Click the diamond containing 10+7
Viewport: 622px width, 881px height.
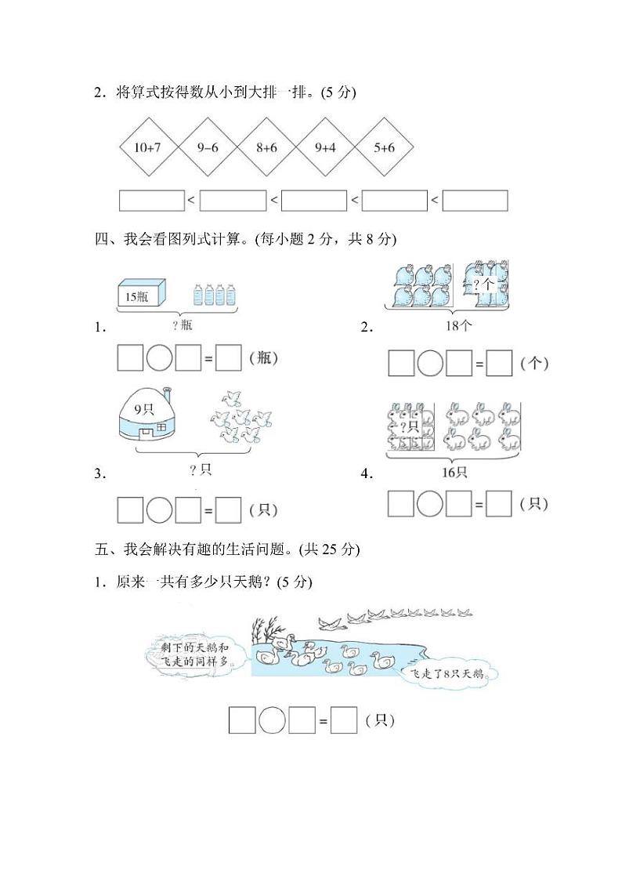click(x=149, y=147)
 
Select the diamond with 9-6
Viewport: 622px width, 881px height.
click(x=208, y=147)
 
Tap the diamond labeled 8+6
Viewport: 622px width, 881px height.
click(x=266, y=147)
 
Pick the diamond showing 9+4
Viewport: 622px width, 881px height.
click(x=325, y=147)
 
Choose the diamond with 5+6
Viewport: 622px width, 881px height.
click(x=384, y=147)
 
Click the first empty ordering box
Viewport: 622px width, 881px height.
click(x=151, y=201)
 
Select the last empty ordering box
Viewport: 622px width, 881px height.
click(x=475, y=201)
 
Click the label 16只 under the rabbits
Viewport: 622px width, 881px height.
click(x=454, y=472)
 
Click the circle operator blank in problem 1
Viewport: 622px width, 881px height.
click(x=161, y=358)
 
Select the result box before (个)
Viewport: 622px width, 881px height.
click(x=499, y=363)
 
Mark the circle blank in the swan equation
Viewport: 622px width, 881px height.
click(x=273, y=720)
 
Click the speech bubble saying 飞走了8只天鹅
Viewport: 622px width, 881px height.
click(x=448, y=673)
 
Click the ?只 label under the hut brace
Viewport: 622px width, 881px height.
click(x=201, y=470)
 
